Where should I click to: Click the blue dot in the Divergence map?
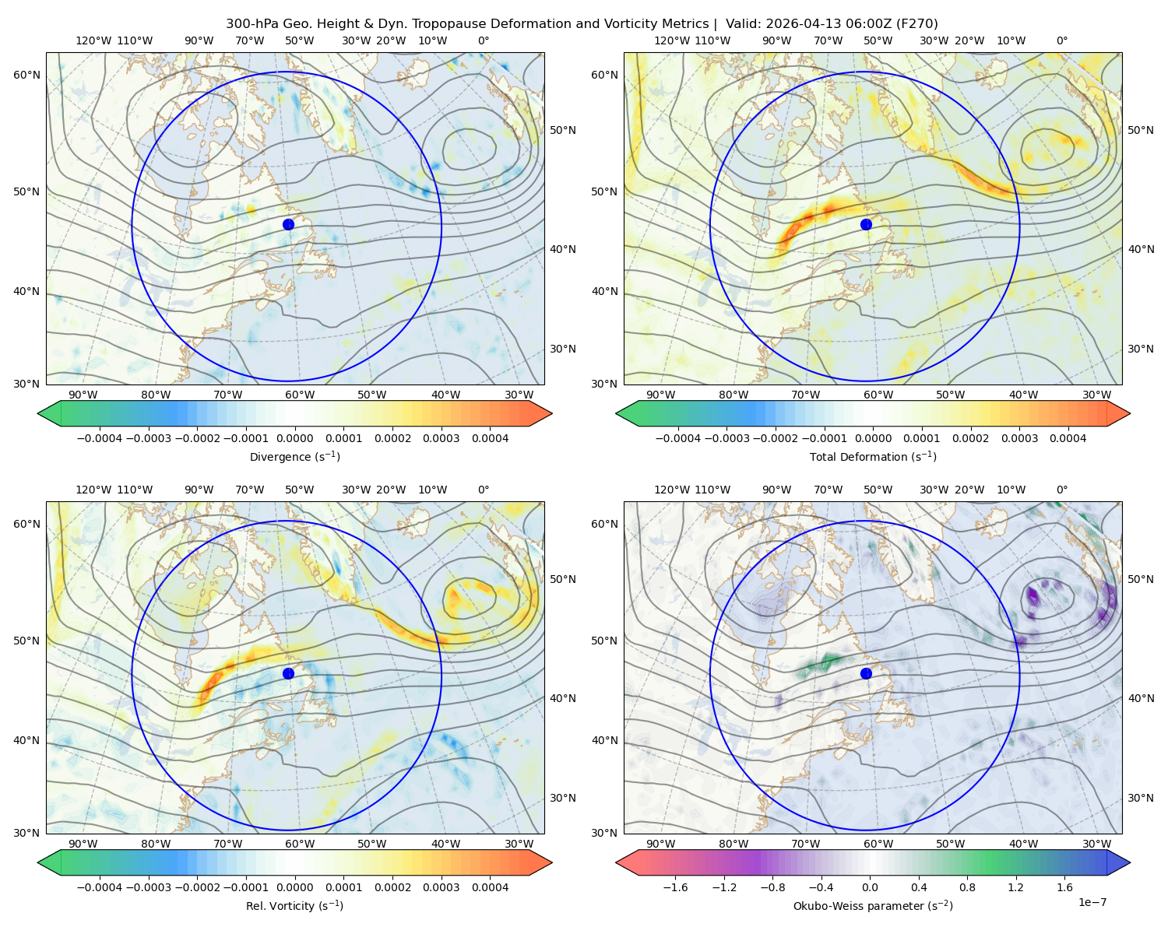tap(288, 224)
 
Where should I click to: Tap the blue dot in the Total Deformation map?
tap(866, 224)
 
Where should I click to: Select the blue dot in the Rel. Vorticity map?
tap(288, 673)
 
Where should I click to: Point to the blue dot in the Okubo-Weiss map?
tap(866, 673)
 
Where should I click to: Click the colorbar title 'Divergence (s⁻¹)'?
tap(294, 456)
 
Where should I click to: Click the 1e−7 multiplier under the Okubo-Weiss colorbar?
tap(1092, 902)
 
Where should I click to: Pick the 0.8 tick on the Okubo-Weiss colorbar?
tap(967, 887)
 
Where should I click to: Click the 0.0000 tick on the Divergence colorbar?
tap(294, 438)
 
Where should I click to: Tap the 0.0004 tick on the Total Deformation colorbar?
tap(1068, 438)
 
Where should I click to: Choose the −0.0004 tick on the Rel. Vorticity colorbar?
tap(100, 887)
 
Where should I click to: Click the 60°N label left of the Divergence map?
tap(26, 75)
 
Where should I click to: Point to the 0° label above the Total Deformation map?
tap(1062, 40)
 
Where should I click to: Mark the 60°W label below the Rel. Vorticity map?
tap(300, 844)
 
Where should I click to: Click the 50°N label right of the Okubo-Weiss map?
tap(1141, 579)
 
